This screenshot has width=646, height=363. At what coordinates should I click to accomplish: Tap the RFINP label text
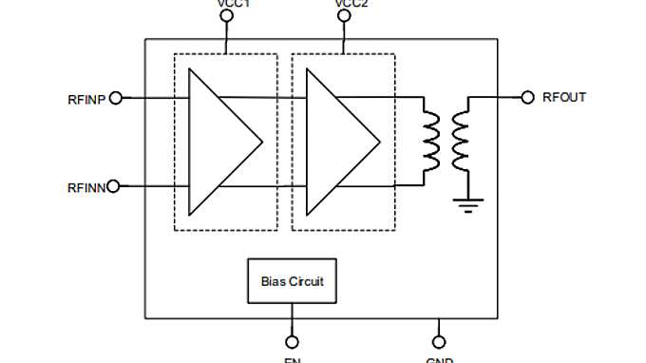pos(86,98)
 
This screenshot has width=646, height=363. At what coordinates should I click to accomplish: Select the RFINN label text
pos(85,186)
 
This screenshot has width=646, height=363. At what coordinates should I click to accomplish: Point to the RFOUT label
pos(564,97)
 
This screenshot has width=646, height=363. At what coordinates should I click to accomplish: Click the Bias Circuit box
pos(292,281)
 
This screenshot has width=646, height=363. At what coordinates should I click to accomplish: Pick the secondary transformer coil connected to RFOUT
pos(462,142)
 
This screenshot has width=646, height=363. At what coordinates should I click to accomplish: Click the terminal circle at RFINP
pos(117,98)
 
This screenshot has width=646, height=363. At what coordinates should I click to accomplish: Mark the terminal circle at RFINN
pos(114,186)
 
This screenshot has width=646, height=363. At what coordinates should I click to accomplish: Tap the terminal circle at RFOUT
pos(528,97)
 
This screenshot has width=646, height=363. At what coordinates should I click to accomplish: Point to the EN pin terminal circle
pos(292,341)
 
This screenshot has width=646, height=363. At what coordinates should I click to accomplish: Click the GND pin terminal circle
pos(438,341)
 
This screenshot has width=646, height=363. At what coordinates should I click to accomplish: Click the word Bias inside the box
pos(273,281)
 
